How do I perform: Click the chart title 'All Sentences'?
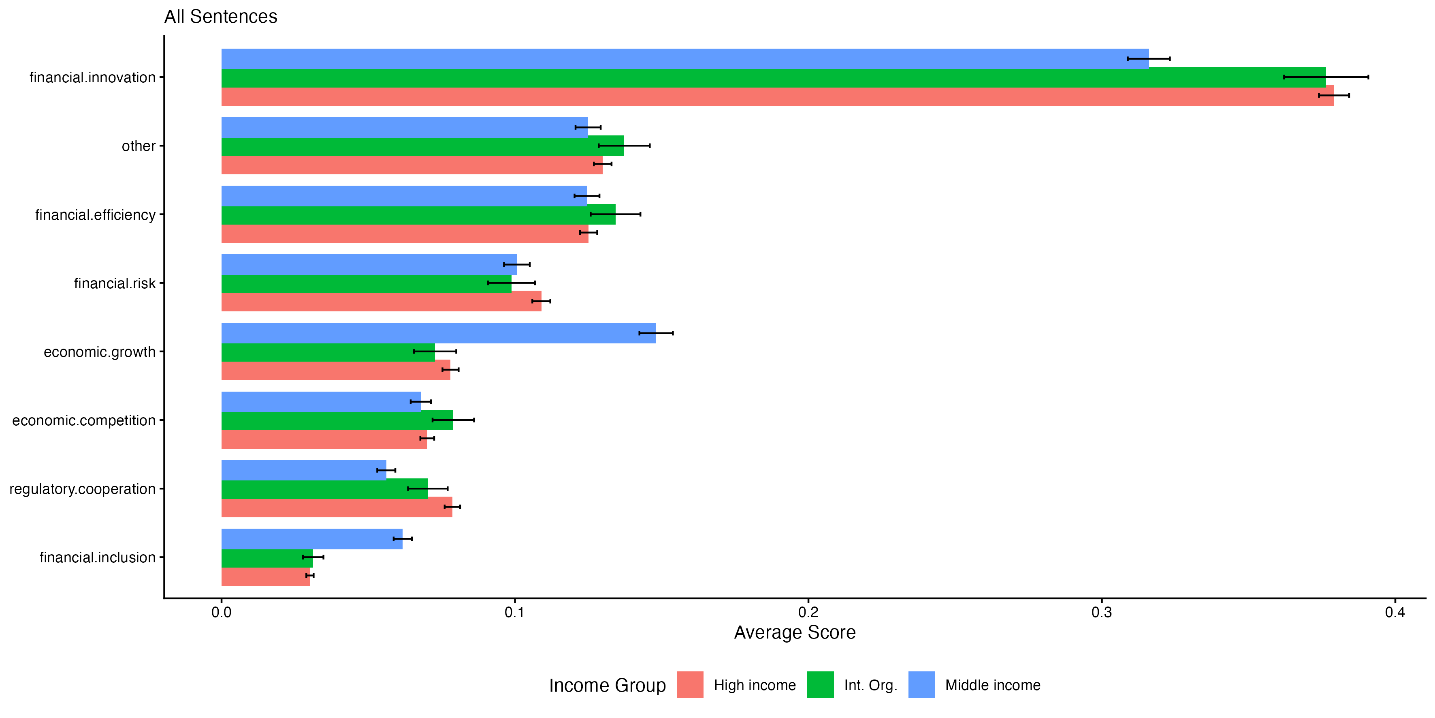221,17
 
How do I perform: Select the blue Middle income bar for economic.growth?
438,333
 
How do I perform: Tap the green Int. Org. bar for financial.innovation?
773,77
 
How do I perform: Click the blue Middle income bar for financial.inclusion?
311,538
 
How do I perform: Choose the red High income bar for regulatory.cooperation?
337,507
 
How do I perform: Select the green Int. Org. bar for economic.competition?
337,420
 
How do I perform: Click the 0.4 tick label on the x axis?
1395,612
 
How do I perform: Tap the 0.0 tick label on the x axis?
221,612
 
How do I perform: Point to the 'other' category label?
139,146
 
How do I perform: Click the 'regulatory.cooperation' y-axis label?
83,489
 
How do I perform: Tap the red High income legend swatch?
690,684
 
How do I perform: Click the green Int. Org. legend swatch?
820,684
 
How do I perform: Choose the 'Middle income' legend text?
993,685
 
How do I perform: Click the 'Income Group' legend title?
607,685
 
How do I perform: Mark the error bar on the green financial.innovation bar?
1326,77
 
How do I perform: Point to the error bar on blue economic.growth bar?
656,333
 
